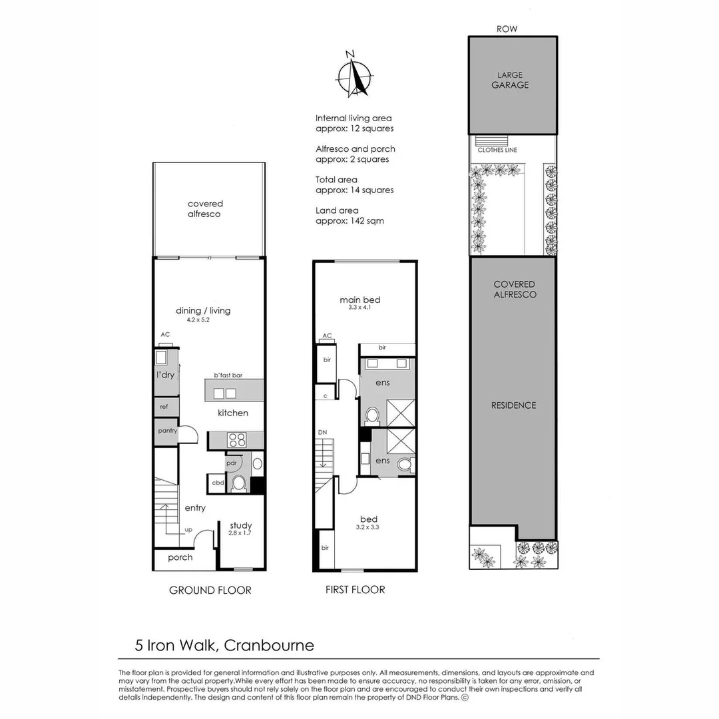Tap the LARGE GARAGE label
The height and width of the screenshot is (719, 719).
click(x=511, y=80)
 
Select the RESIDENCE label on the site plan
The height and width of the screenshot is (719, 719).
click(x=513, y=405)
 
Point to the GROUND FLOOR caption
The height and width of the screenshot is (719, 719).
click(x=210, y=590)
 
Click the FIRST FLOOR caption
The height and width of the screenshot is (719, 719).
click(x=355, y=589)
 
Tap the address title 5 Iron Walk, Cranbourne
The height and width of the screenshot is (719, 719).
click(x=224, y=645)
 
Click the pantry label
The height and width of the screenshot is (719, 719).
click(x=166, y=431)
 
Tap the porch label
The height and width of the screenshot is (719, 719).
click(x=180, y=557)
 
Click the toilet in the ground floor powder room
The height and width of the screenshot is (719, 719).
click(x=238, y=483)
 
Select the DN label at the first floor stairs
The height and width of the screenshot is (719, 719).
click(x=322, y=433)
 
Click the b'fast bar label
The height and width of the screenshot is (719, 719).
click(x=228, y=375)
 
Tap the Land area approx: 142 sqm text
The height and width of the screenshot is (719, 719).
click(x=350, y=215)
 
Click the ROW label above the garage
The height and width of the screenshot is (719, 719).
click(x=507, y=29)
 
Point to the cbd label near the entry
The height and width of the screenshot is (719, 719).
click(x=218, y=483)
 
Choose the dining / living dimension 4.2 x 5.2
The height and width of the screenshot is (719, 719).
click(x=203, y=320)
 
